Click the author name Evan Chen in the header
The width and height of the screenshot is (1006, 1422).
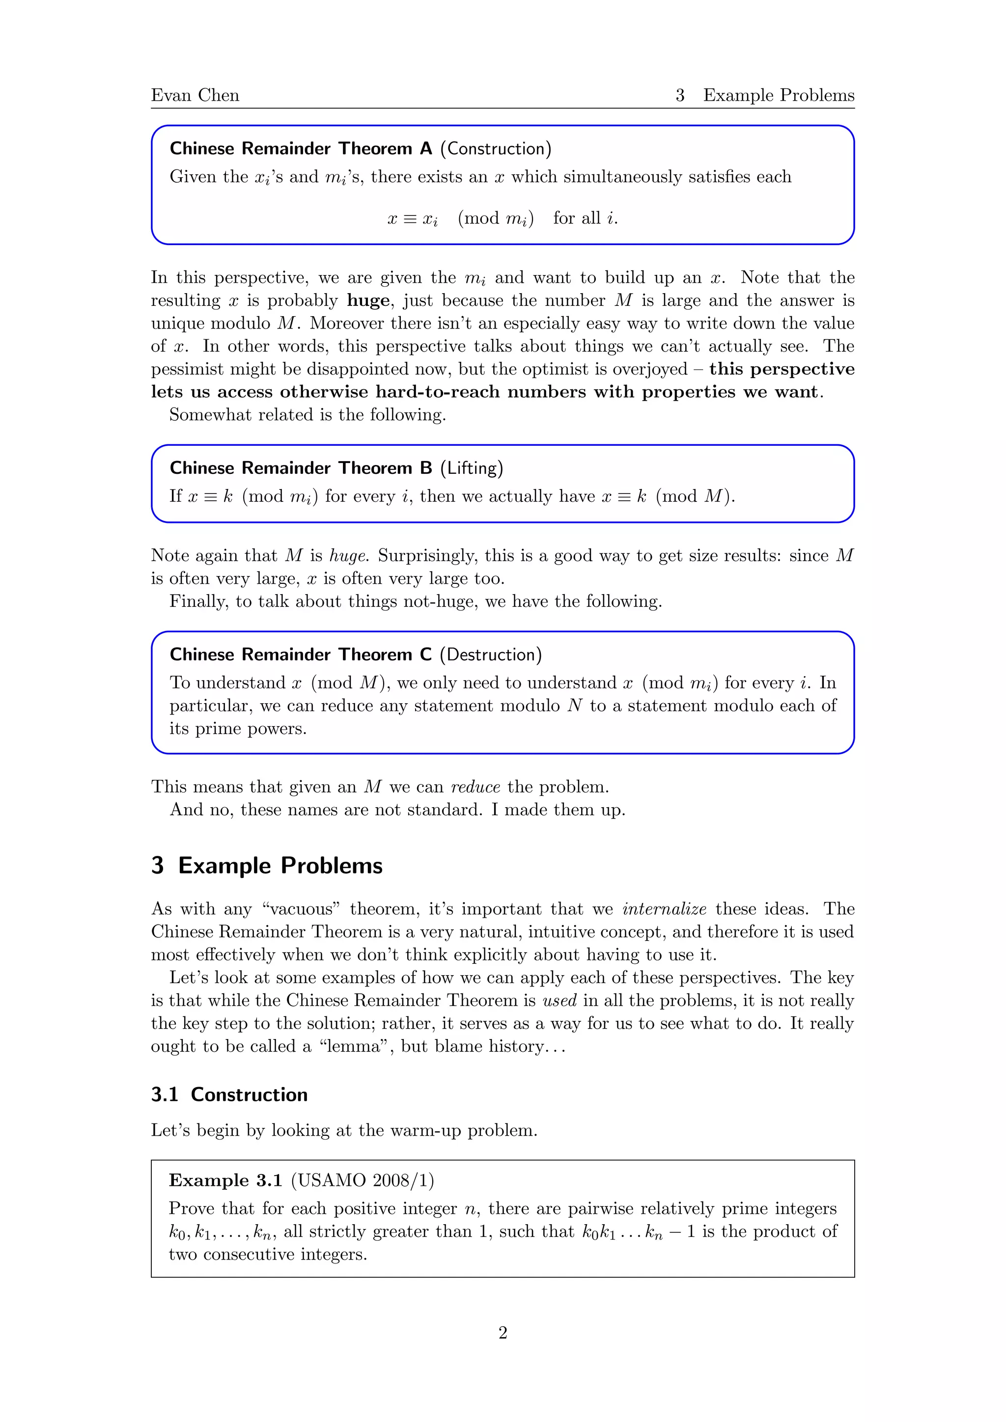[x=195, y=95]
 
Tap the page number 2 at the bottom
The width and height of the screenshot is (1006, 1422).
[x=503, y=1332]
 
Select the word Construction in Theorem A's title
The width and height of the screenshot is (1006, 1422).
[x=496, y=149]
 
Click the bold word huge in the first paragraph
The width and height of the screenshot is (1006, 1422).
[x=368, y=301]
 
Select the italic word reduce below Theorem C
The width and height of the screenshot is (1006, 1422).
[x=475, y=787]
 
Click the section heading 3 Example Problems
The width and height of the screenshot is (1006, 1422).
[x=267, y=865]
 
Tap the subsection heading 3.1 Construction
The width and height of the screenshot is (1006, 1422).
[x=229, y=1094]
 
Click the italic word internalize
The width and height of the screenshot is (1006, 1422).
[x=664, y=909]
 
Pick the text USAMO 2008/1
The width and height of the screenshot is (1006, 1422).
[x=363, y=1180]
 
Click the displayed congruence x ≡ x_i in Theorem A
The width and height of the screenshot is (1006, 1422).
[x=413, y=219]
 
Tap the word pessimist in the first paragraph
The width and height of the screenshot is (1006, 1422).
[x=188, y=369]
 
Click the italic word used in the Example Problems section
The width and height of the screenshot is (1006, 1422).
[x=559, y=1000]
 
